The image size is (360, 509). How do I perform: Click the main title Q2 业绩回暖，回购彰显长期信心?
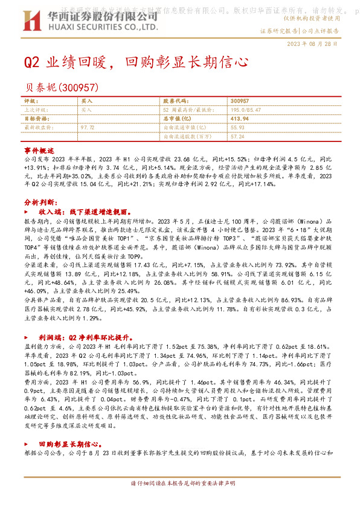point(136,62)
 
